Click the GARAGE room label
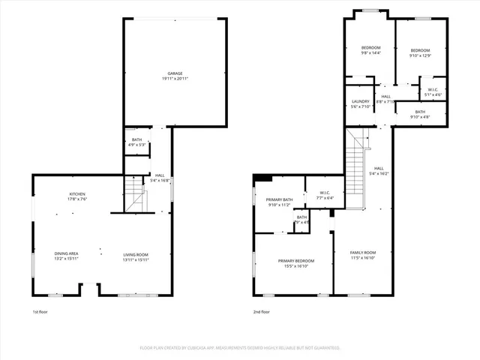click(175, 73)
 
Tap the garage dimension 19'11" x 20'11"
click(175, 79)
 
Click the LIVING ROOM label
click(136, 254)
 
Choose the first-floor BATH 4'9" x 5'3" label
click(136, 139)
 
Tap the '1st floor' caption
click(40, 311)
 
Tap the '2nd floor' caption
click(262, 311)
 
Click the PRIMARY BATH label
click(278, 199)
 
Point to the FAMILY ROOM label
click(363, 252)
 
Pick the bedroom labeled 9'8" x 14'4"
click(370, 48)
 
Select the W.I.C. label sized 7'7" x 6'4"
click(325, 193)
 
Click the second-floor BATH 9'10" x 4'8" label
click(420, 112)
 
